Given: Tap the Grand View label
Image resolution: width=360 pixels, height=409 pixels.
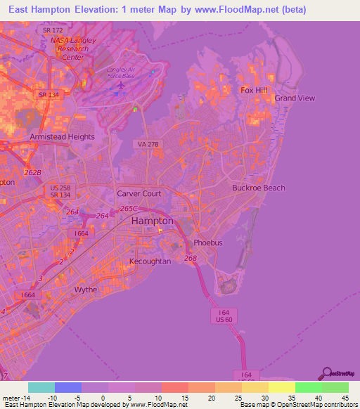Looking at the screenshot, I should tap(295, 98).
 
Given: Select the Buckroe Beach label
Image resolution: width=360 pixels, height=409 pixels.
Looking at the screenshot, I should tap(259, 188).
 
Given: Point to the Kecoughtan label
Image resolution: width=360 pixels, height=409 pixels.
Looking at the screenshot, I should tap(150, 261).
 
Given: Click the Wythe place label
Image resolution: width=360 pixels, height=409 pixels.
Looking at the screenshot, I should tap(86, 290).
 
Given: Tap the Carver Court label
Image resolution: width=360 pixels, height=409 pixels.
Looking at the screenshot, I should tap(139, 193).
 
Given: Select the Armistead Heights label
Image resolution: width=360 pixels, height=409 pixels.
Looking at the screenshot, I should tap(62, 137).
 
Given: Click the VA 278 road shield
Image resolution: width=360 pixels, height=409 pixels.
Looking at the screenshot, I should tap(142, 144).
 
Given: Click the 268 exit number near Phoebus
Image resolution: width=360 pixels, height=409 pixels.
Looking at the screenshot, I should tap(191, 258).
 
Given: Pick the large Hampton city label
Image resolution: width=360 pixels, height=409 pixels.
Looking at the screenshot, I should tap(152, 221).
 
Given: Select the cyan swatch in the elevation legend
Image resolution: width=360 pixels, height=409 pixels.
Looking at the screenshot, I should tap(41, 387).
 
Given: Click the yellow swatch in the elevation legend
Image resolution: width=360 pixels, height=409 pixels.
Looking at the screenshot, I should tap(281, 387).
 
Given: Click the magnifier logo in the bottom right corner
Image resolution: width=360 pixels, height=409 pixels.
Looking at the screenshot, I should tap(327, 373).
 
